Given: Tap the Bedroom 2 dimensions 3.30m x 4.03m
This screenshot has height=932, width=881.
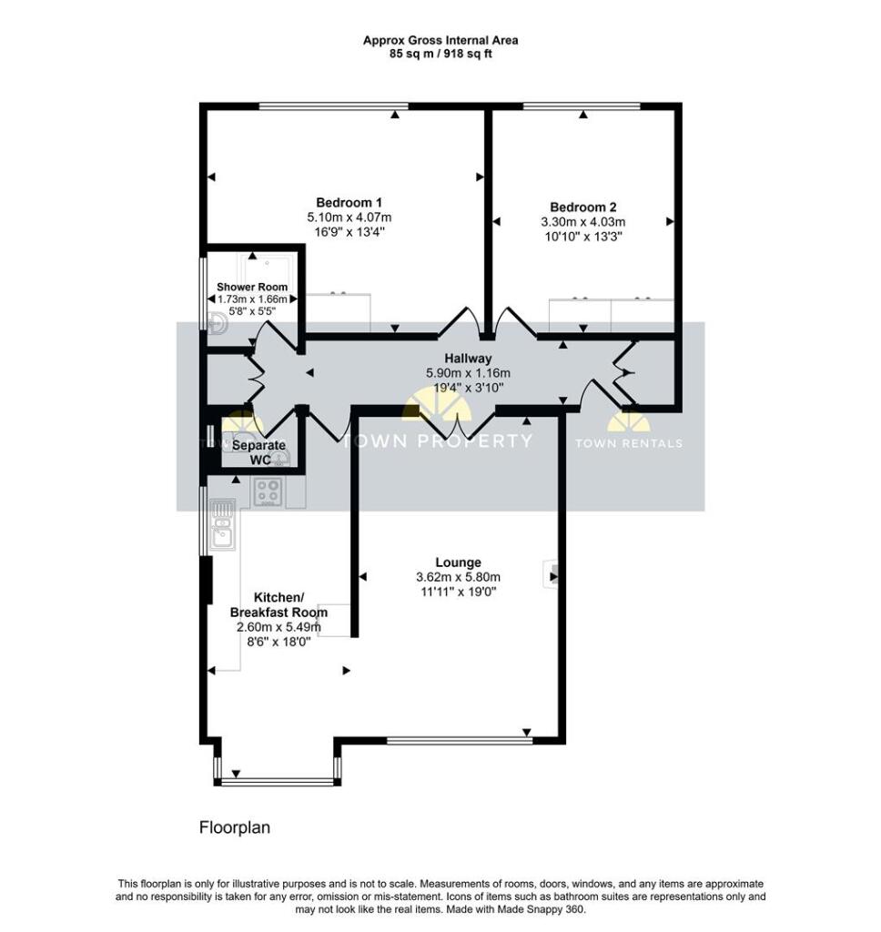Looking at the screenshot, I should click(x=583, y=222).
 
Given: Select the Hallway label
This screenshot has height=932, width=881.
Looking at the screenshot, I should click(x=468, y=359).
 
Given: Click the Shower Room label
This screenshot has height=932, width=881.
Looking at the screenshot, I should click(x=252, y=287).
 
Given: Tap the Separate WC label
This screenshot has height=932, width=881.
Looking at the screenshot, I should click(x=258, y=451).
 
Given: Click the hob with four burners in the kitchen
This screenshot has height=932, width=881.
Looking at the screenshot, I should click(x=268, y=491).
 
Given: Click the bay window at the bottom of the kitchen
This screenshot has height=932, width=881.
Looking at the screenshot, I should click(x=277, y=779).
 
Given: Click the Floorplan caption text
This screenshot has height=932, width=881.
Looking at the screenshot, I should click(x=235, y=828).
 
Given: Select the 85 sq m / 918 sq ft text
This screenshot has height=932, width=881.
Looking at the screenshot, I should click(x=440, y=54).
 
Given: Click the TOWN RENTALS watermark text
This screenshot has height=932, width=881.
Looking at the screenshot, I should click(x=628, y=443).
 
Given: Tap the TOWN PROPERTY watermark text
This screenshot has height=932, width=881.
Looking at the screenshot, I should click(x=436, y=441).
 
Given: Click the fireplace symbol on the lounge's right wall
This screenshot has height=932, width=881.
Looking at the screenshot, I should click(x=550, y=574).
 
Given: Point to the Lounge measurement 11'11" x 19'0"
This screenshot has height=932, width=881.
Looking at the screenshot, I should click(x=458, y=592).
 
